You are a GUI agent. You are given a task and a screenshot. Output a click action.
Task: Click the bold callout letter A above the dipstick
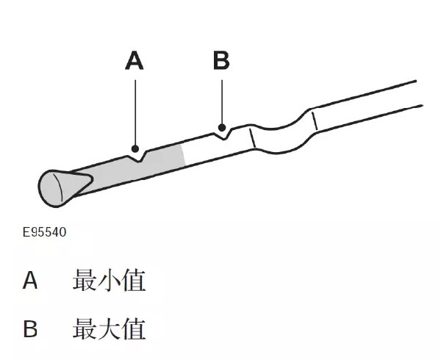135,60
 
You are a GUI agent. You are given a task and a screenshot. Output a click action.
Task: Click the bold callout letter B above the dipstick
221,60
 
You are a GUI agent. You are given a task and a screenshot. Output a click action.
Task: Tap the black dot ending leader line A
135,148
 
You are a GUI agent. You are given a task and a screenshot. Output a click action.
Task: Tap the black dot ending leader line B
222,128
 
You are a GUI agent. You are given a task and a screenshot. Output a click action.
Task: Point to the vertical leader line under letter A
135,112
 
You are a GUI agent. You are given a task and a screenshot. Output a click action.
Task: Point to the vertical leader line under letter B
222,102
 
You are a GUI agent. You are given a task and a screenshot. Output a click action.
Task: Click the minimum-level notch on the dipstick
138,158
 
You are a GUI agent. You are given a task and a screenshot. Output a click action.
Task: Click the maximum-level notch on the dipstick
224,136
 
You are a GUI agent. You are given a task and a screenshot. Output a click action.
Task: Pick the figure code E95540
44,232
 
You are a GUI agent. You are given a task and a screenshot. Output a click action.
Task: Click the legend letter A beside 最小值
30,281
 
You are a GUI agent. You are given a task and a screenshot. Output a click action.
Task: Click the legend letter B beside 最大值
30,328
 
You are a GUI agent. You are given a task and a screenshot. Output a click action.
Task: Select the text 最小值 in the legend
109,280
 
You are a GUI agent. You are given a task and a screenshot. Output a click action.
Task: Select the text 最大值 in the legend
109,328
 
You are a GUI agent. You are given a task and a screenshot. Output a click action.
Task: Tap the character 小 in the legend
109,280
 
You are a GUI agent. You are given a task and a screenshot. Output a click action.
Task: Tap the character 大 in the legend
109,328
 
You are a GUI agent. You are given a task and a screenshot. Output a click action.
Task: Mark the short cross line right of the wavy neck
315,120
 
